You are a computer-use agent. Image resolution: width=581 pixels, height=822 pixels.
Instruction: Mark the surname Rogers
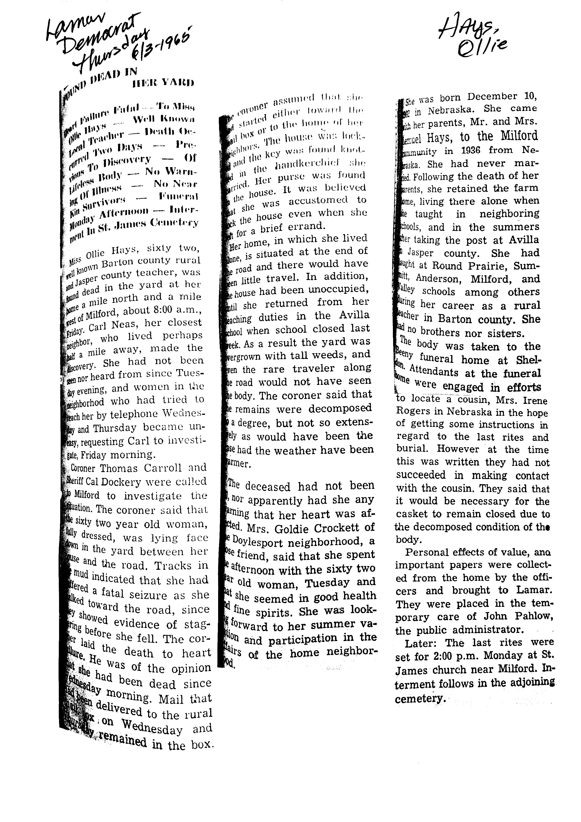[x=411, y=413]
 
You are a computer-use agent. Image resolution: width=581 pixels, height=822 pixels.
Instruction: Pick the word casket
[x=411, y=514]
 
